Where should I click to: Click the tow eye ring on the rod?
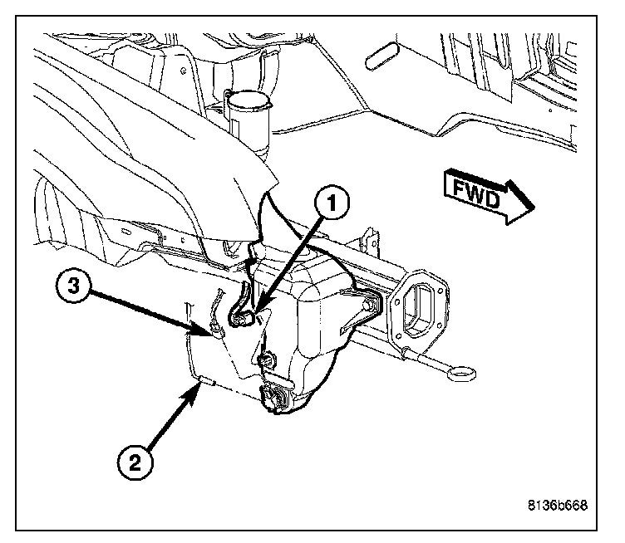pyautogui.click(x=458, y=374)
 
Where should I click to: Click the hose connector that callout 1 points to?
pyautogui.click(x=244, y=315)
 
